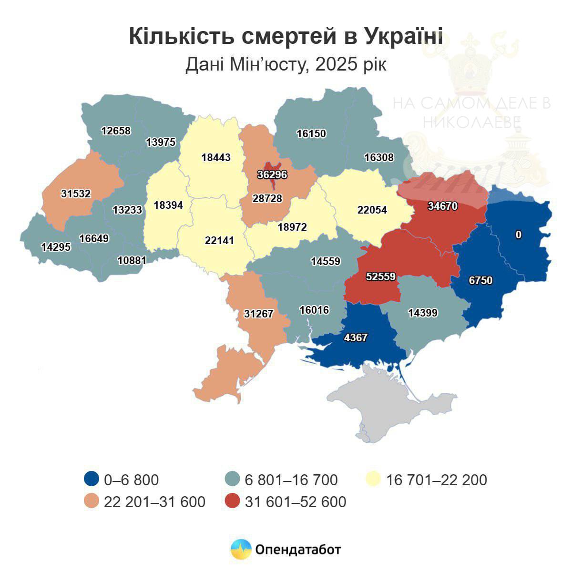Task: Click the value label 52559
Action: pyautogui.click(x=381, y=276)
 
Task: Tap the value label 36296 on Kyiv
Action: pyautogui.click(x=272, y=174)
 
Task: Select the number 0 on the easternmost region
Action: pyautogui.click(x=519, y=235)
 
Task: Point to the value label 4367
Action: pyautogui.click(x=356, y=337)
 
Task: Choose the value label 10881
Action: pyautogui.click(x=132, y=260)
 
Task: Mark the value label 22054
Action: pyautogui.click(x=372, y=210)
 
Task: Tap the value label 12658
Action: pyautogui.click(x=116, y=130)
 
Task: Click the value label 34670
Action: pyautogui.click(x=442, y=206)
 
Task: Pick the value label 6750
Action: pyautogui.click(x=480, y=281)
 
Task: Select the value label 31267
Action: pyautogui.click(x=258, y=314)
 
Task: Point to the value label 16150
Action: pyautogui.click(x=311, y=133)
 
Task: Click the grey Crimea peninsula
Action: pyautogui.click(x=391, y=405)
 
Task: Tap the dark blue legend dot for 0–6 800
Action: pyautogui.click(x=91, y=479)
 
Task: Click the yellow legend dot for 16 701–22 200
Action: pyautogui.click(x=373, y=479)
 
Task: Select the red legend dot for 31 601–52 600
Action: pyautogui.click(x=232, y=501)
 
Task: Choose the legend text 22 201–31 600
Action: pyautogui.click(x=154, y=501)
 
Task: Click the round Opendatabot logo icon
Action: pyautogui.click(x=241, y=550)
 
